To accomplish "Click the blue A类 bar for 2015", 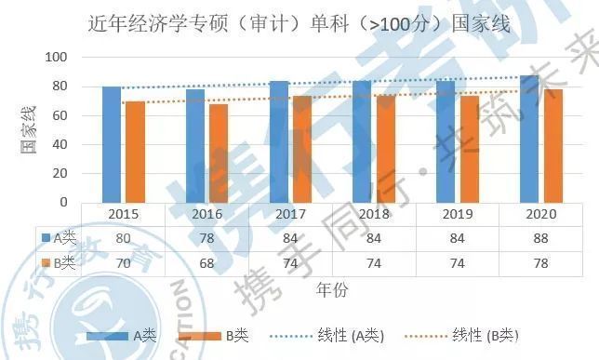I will (x=112, y=144).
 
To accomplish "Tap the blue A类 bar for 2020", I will (x=529, y=139).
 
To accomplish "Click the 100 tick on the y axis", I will (x=57, y=58).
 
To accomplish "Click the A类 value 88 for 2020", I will (x=540, y=238).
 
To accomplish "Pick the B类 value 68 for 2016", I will (x=206, y=263).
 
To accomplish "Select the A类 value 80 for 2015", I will (x=123, y=238).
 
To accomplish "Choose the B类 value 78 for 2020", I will (x=540, y=263).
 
